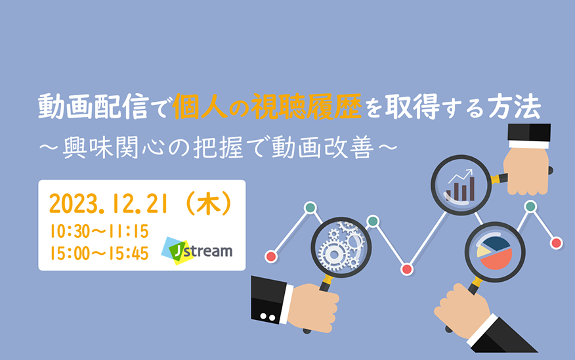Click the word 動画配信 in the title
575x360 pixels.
coord(93,107)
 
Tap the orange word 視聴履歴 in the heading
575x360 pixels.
coord(307,107)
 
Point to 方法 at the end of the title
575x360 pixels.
coord(515,107)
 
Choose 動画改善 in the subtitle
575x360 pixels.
coord(323,147)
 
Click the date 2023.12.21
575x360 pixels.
coord(108,204)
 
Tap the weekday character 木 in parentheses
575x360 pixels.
coord(208,204)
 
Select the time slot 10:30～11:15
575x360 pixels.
coord(99,231)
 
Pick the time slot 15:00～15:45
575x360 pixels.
coord(99,253)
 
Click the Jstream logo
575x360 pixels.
coord(197,251)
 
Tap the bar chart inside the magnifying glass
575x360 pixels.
coord(461,190)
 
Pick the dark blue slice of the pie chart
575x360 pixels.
coord(496,243)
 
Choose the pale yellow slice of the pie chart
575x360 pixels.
coord(482,252)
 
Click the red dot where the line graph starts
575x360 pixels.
coord(271,256)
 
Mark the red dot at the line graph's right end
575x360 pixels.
coord(557,243)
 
